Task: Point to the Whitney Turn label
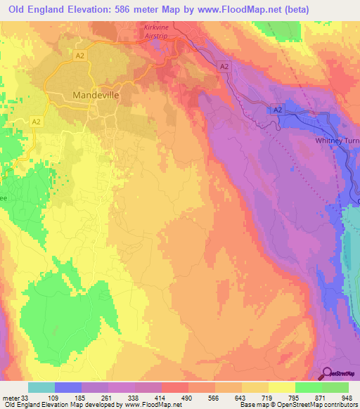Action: (x=337, y=141)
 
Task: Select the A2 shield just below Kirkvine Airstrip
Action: (x=224, y=66)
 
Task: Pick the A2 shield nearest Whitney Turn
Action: (x=277, y=110)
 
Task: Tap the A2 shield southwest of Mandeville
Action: (x=37, y=122)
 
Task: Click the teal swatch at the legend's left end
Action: (x=41, y=387)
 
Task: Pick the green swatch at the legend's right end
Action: (x=335, y=387)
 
